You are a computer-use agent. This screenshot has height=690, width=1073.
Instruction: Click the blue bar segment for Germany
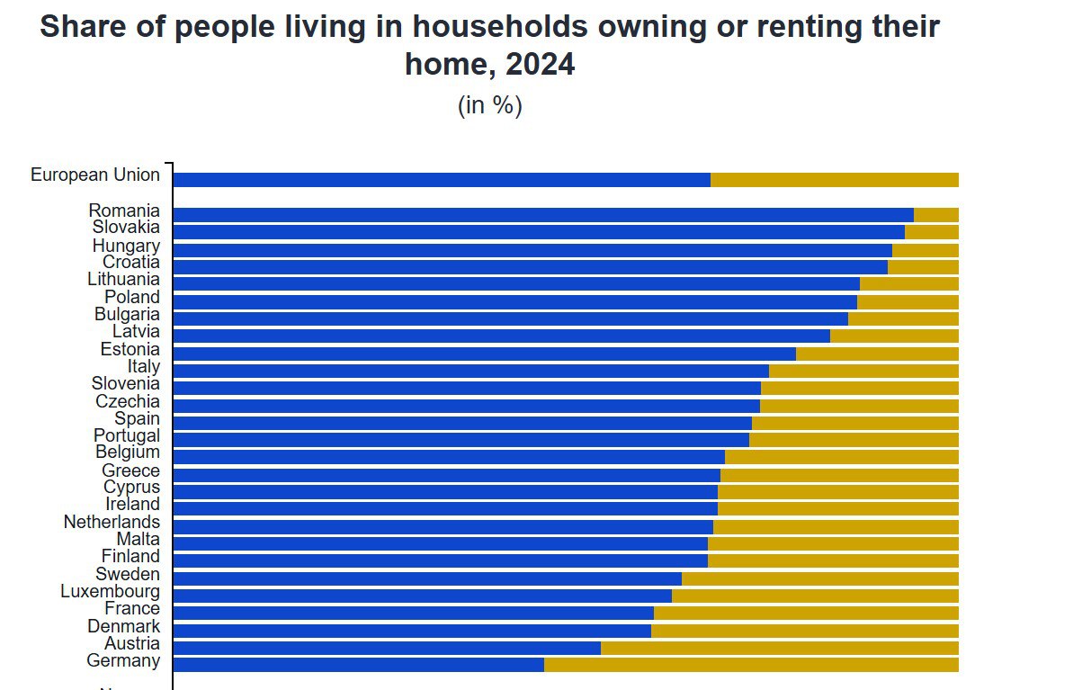coord(358,665)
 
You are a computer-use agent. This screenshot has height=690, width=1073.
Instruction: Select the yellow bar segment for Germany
coord(751,665)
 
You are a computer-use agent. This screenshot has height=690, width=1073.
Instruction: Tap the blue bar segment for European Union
coord(441,180)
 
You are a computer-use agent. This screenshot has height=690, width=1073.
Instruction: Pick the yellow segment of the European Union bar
coord(834,180)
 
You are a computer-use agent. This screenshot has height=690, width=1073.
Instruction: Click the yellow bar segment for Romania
coord(935,214)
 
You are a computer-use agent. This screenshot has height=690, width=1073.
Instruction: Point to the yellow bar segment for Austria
coord(779,648)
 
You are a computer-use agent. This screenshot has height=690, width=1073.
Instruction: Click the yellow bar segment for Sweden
coord(819,578)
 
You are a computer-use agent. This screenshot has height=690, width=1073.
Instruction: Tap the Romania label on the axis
coord(124,211)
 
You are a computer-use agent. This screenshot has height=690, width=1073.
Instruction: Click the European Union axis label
coord(95,175)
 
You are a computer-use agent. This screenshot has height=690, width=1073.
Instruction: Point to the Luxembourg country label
coord(111,591)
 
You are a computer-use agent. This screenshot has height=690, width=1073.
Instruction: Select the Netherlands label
coord(112,522)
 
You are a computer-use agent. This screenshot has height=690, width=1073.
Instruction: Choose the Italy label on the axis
coord(144,366)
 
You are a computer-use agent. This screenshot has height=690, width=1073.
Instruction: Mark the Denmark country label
coord(124,626)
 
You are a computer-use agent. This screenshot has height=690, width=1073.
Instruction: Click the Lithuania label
coord(124,280)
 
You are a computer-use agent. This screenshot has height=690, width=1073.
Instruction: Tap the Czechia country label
coord(128,401)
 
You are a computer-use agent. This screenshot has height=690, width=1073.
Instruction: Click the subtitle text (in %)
coord(490,105)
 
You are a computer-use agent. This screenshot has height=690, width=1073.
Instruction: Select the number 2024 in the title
coord(540,65)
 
